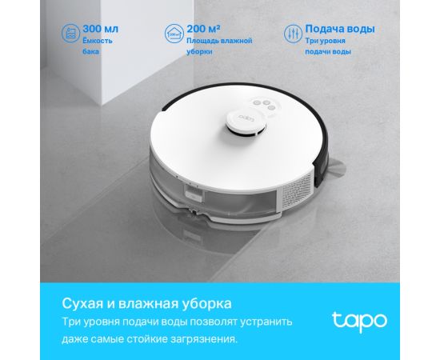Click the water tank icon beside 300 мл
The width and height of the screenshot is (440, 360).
click(70, 34)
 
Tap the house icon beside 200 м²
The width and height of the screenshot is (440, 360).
click(174, 34)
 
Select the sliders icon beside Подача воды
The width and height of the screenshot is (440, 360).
click(293, 34)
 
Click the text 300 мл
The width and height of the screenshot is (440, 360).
click(101, 29)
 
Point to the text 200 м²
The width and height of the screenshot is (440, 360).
click(203, 29)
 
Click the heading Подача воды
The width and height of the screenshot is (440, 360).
click(340, 29)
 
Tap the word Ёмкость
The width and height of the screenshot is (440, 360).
click(98, 41)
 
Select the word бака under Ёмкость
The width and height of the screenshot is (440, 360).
click(90, 52)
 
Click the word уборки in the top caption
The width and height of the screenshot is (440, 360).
click(199, 52)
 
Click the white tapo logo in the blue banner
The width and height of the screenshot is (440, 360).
click(359, 321)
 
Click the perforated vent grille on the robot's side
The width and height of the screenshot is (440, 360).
click(298, 189)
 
